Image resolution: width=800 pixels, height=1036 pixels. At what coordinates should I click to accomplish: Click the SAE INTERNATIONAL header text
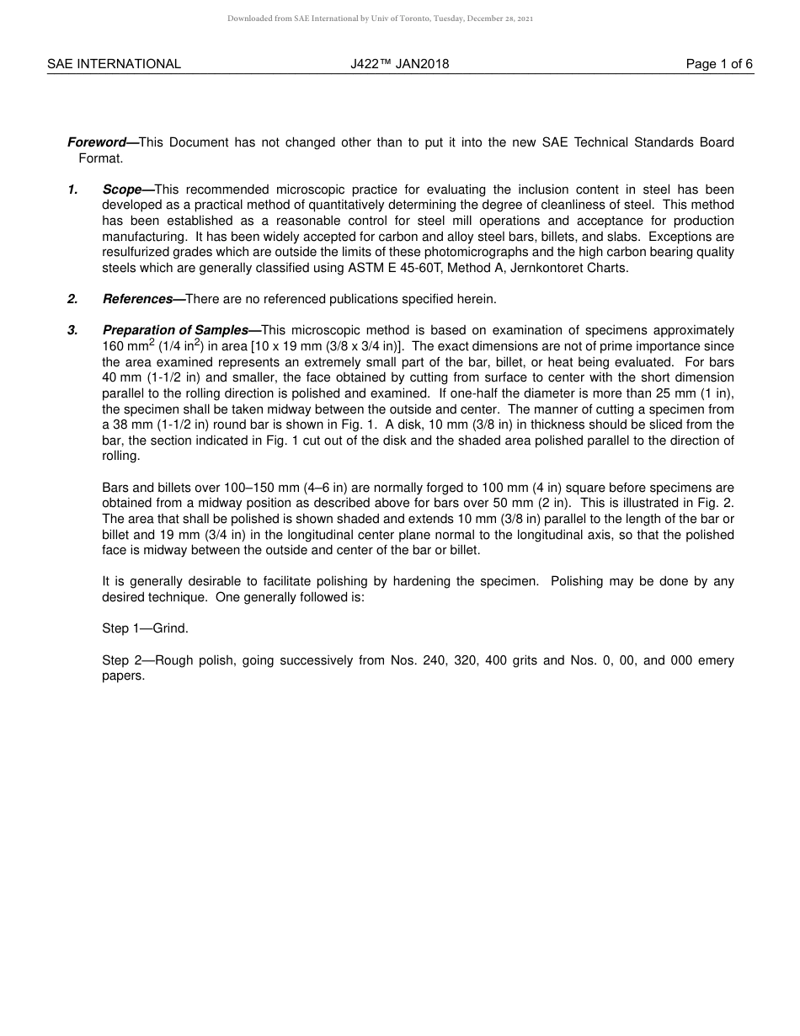114,64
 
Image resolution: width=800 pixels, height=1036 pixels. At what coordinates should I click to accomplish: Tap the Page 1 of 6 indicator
719,64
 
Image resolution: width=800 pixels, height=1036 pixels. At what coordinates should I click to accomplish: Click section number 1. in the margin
73,190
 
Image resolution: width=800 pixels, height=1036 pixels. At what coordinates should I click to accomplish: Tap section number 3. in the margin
73,330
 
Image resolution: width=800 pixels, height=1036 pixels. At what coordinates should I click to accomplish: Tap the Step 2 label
121,660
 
